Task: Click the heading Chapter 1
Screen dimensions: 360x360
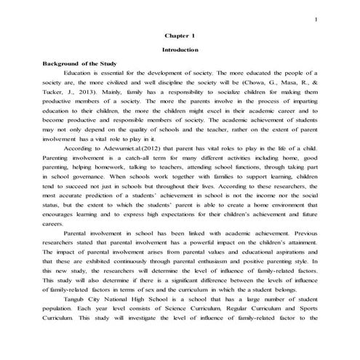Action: pos(180,35)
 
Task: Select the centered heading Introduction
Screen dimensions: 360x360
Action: pos(180,49)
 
